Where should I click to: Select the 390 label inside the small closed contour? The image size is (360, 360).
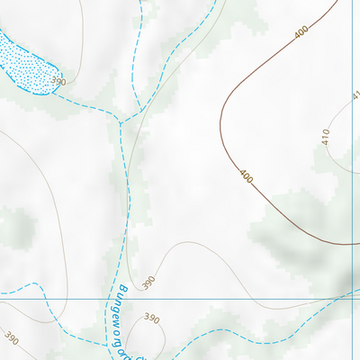[x=151, y=319]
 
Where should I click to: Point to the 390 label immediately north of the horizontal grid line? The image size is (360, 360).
[x=149, y=282]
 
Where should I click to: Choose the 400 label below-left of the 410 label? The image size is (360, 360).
[x=246, y=176]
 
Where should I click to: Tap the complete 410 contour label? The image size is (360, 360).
[x=326, y=137]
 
